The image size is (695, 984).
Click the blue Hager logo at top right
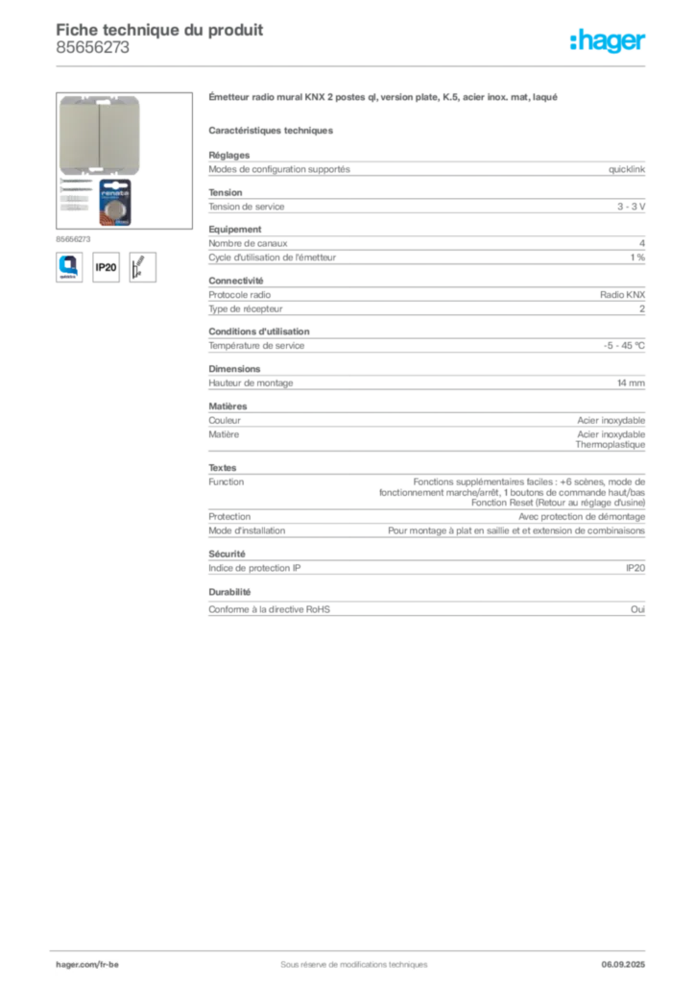609,42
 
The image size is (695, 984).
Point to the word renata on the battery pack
116,192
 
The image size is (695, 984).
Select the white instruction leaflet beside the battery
75,199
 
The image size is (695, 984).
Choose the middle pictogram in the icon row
107,266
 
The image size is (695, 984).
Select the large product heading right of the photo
383,99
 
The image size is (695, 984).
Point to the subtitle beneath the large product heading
272,130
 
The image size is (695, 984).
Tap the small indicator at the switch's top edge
101,99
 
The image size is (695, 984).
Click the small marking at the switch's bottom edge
101,173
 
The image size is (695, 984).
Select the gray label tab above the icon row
73,238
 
